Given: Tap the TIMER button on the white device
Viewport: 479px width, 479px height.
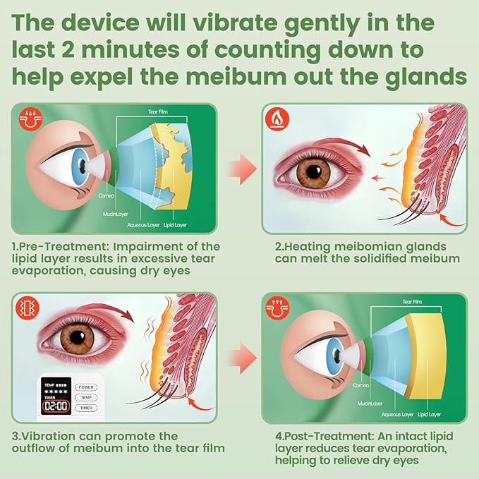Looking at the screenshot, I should point(87,408).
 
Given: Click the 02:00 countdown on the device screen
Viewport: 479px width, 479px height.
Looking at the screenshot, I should point(55,407).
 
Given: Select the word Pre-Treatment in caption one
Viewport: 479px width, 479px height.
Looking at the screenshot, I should point(59,247).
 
